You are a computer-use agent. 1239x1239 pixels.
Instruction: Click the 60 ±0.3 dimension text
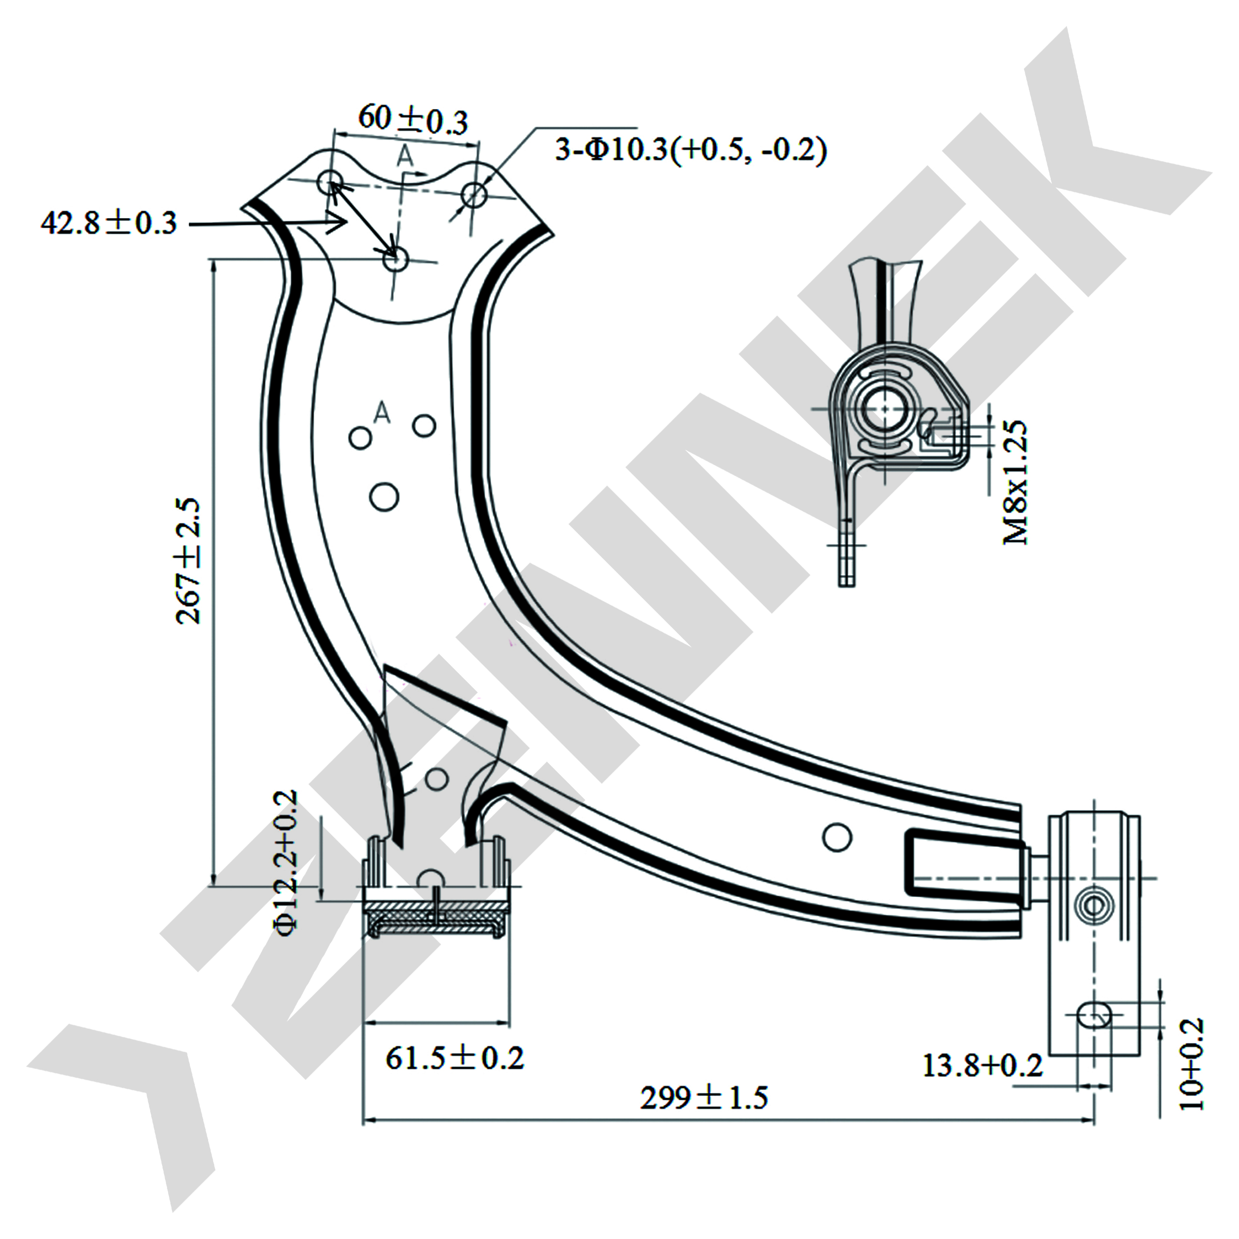pyautogui.click(x=413, y=119)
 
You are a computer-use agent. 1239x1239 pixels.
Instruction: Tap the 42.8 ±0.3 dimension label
pyautogui.click(x=109, y=223)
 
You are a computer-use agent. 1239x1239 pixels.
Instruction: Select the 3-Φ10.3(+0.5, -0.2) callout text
pyautogui.click(x=691, y=150)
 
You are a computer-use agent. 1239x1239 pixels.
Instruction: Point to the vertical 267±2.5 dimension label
pyautogui.click(x=188, y=561)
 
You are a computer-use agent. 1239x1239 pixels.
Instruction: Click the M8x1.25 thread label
pyautogui.click(x=1015, y=482)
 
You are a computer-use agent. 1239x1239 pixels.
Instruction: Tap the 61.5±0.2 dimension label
pyautogui.click(x=454, y=1058)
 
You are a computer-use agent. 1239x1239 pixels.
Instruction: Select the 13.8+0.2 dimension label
pyautogui.click(x=982, y=1066)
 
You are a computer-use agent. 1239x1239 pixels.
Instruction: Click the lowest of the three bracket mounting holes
pyautogui.click(x=395, y=260)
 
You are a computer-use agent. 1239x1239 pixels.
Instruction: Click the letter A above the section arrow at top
pyautogui.click(x=405, y=155)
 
